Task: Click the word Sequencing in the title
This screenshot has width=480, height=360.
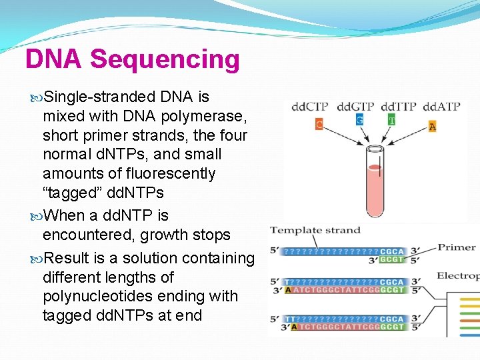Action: click(x=165, y=59)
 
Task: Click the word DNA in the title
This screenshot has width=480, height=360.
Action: click(x=54, y=59)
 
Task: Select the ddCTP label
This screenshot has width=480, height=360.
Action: click(x=309, y=107)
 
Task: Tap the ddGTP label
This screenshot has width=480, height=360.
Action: click(x=355, y=107)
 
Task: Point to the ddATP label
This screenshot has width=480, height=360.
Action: click(x=441, y=107)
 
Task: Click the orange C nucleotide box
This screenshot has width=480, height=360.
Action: click(x=319, y=123)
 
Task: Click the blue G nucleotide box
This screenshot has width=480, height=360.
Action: click(x=359, y=120)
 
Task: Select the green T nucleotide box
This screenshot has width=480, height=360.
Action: click(x=391, y=120)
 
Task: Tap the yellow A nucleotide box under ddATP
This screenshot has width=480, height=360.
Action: click(x=433, y=126)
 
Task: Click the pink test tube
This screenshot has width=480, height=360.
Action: click(x=375, y=183)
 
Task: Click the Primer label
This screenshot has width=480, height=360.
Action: click(x=457, y=247)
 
